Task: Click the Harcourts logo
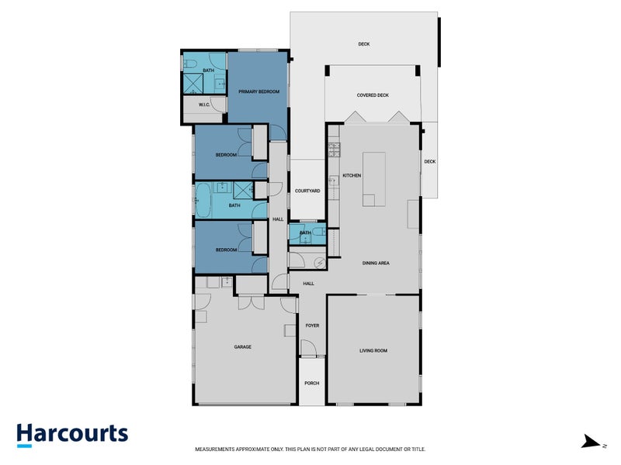[x=72, y=434]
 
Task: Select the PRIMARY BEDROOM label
[x=258, y=92]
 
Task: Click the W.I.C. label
[x=205, y=105]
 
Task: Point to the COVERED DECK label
[x=373, y=95]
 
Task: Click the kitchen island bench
[x=374, y=179]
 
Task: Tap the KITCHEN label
[x=352, y=176]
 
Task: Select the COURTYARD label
[x=307, y=191]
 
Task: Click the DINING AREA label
[x=376, y=263]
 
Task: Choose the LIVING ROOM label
[x=373, y=350]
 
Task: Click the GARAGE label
[x=243, y=346]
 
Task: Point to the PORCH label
[x=312, y=383]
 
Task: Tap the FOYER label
[x=312, y=326]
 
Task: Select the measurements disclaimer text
[x=310, y=449]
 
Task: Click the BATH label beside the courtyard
[x=305, y=232]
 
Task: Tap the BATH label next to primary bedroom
[x=208, y=71]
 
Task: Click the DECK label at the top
[x=364, y=44]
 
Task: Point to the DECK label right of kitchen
[x=430, y=161]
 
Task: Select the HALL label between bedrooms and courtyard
[x=278, y=219]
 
